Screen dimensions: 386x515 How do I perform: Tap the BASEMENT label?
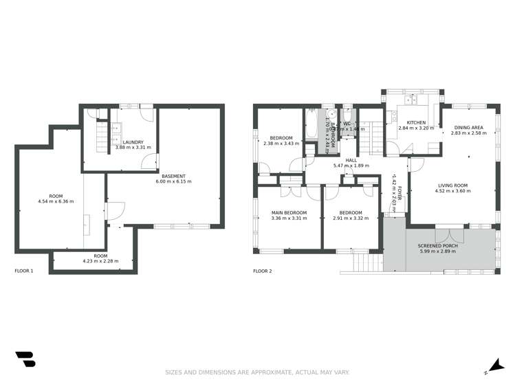pyautogui.click(x=173, y=177)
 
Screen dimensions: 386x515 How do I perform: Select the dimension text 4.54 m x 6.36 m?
pyautogui.click(x=56, y=201)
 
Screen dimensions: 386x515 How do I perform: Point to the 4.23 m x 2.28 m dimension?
pyautogui.click(x=100, y=260)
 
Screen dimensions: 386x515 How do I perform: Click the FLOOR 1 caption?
pyautogui.click(x=24, y=271)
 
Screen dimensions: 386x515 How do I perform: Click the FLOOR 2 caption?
pyautogui.click(x=263, y=271)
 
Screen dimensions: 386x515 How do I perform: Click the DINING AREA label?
pyautogui.click(x=468, y=127)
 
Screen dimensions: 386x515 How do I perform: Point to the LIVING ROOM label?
pyautogui.click(x=452, y=185)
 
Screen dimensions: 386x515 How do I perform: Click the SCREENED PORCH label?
pyautogui.click(x=437, y=245)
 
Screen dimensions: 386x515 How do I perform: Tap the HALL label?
pyautogui.click(x=351, y=160)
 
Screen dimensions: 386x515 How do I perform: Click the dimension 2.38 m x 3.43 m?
pyautogui.click(x=281, y=143)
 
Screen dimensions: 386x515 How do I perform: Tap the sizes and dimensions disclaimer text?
pyautogui.click(x=257, y=372)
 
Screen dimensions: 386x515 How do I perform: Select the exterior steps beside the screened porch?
pyautogui.click(x=362, y=262)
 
